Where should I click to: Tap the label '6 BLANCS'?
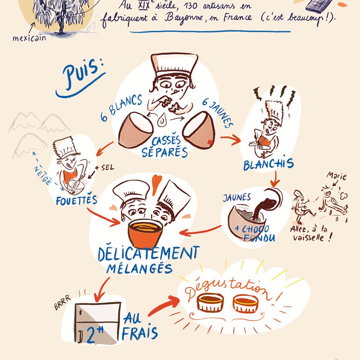[x=122, y=108]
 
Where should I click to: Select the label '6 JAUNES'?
[x=218, y=113]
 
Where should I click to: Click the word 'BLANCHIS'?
[x=268, y=163]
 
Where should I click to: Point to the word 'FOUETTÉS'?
[x=76, y=199]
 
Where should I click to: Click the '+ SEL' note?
[x=105, y=167]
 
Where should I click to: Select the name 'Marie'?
[x=337, y=176]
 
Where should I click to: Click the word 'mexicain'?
[x=29, y=38]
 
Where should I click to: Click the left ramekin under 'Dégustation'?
[x=210, y=302]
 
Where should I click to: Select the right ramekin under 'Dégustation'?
[x=245, y=303]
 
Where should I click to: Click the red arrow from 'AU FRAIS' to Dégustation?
[x=164, y=305]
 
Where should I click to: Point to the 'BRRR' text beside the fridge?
[x=62, y=303]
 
